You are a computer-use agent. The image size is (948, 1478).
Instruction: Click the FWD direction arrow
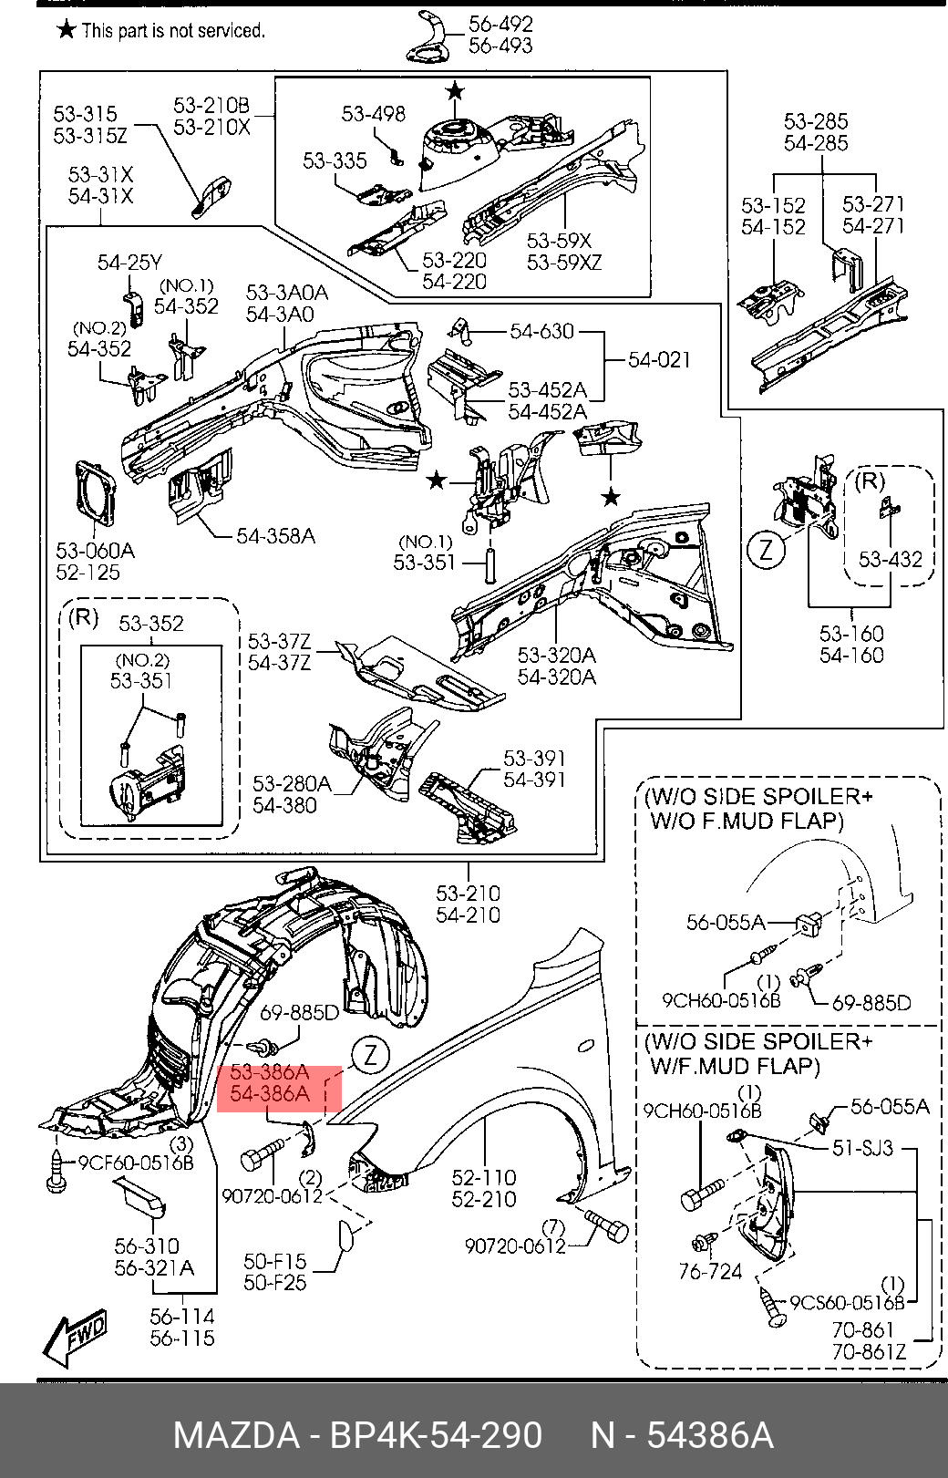point(76,1337)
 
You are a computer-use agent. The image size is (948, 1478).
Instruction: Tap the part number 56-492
point(500,25)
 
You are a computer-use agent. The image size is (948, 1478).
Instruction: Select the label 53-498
point(373,114)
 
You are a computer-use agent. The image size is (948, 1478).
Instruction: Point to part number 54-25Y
point(129,264)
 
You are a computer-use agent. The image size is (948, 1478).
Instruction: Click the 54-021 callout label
point(659,360)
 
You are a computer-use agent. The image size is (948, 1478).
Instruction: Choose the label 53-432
point(891,560)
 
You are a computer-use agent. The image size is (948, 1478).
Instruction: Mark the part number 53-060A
point(95,551)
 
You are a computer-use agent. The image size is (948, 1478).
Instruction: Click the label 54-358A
point(275,536)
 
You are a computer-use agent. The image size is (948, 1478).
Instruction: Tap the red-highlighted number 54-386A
point(270,1093)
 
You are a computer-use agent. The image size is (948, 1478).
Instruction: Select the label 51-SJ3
point(862,1148)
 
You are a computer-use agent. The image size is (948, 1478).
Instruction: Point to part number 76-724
point(710,1271)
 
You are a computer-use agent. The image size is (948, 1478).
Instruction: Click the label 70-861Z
point(869,1352)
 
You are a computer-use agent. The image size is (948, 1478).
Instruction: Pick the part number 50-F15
point(274,1262)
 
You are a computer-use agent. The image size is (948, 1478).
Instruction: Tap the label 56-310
point(147,1246)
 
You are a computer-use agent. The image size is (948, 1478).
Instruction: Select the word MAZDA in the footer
point(235,1435)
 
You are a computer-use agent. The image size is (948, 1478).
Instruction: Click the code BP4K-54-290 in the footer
point(435,1435)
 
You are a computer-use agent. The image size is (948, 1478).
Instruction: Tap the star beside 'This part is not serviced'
point(66,30)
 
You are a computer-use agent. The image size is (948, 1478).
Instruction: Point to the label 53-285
point(816,121)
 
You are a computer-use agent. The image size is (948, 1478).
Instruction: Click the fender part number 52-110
point(484,1178)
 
